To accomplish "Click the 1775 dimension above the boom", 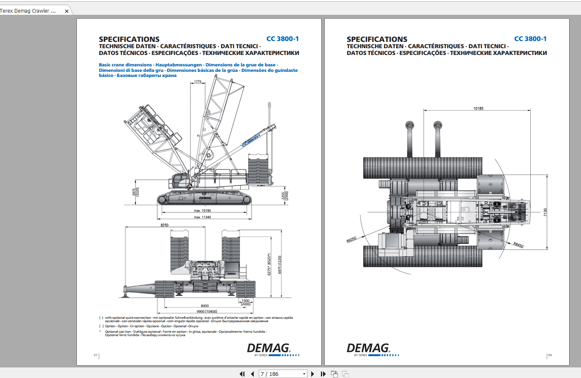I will [198, 82].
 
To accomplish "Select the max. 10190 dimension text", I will [202, 211].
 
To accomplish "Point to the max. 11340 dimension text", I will [202, 217].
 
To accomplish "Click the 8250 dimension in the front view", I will [164, 225].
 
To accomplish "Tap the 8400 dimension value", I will [204, 306].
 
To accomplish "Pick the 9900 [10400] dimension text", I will [207, 312].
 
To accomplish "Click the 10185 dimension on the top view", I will [478, 109].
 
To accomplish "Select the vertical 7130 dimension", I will [545, 213].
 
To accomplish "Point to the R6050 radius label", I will [351, 240].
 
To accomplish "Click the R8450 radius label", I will [518, 245].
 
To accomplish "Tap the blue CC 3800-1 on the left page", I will [282, 39].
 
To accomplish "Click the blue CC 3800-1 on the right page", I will [530, 39].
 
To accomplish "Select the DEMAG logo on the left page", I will [269, 348].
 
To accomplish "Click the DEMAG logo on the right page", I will [368, 348].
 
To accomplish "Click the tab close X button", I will [67, 11].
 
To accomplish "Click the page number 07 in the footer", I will [95, 355].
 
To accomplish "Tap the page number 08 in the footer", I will [550, 355].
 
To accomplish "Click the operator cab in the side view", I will [182, 181].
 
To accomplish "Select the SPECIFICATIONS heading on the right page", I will [377, 39].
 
